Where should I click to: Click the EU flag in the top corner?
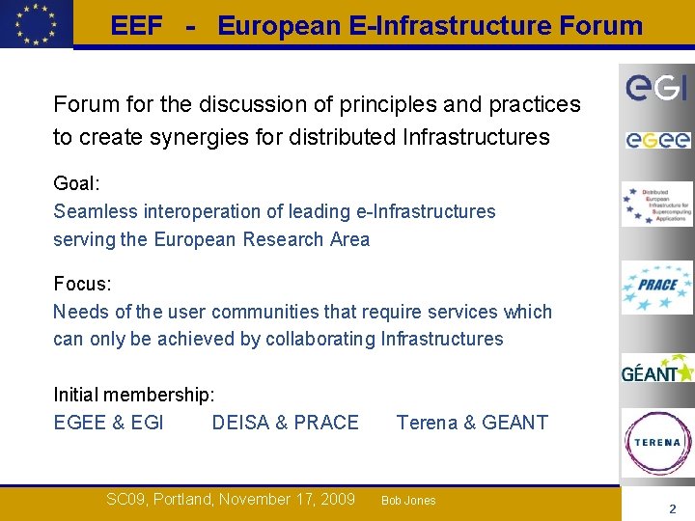pos(36,23)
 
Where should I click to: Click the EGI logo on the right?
pos(656,88)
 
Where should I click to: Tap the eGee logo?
pos(656,141)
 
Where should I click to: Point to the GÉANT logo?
pos(656,370)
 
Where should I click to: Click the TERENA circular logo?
pos(656,443)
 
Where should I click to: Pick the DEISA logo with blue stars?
pos(656,205)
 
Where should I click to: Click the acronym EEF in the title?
pos(136,26)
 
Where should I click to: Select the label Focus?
pos(82,285)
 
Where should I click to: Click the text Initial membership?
pos(134,395)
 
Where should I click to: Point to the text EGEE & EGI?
pos(108,423)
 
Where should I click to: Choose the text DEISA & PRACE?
pos(285,423)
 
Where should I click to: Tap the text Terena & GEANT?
pos(472,423)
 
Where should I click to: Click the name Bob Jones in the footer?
pos(408,501)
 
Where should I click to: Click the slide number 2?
pos(673,508)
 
